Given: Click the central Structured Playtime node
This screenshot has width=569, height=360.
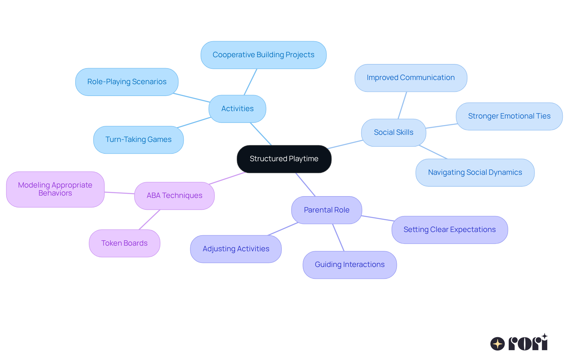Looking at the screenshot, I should (284, 159).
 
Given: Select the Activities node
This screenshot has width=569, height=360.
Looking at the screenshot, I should (237, 109).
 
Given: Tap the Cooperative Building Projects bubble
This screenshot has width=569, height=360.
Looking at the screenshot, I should (263, 55).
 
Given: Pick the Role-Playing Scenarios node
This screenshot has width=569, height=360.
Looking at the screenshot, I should (127, 82).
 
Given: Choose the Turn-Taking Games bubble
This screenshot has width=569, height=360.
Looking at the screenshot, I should (138, 140).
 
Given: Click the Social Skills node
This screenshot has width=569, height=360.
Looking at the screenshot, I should (393, 132).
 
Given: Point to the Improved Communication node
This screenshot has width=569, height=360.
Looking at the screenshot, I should (410, 78).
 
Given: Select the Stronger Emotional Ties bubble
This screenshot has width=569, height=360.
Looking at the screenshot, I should (509, 116).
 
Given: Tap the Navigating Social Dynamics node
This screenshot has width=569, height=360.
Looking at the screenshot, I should (475, 172).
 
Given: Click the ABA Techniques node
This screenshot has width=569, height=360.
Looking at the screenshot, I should (174, 196).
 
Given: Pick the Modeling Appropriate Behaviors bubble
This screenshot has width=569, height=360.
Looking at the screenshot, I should (55, 189).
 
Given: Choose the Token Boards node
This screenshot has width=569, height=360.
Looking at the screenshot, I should (124, 243).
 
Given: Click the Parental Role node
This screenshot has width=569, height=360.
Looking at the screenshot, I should (326, 210).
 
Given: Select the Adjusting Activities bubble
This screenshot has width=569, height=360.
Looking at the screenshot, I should (236, 249).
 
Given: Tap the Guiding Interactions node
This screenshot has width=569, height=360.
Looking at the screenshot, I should (349, 265).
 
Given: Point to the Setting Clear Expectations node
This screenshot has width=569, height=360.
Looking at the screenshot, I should (449, 230).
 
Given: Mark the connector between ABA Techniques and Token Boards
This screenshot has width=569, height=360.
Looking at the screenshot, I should (150, 220).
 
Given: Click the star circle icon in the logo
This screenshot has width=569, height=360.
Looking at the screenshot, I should (497, 344).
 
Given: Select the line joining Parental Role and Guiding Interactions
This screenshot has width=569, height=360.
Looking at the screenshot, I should (338, 237).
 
